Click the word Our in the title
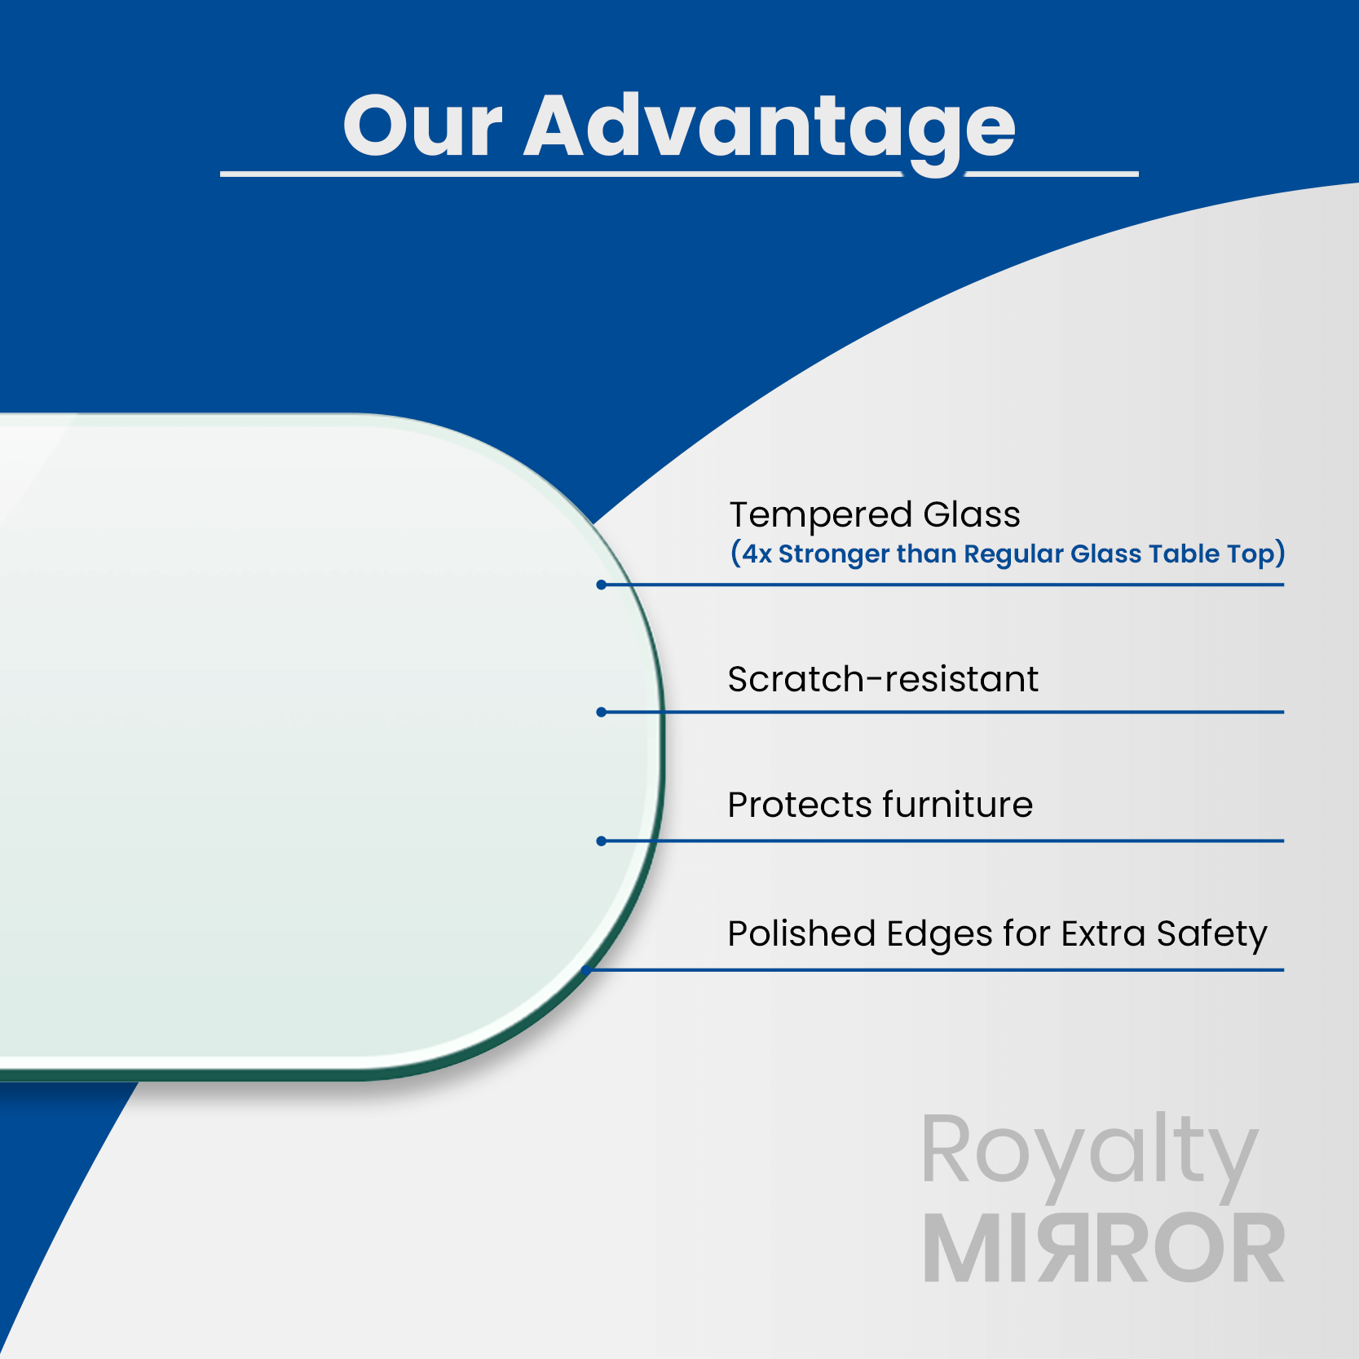422,126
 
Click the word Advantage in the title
770,130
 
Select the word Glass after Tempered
971,514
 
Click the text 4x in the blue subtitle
756,554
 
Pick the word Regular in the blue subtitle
1013,555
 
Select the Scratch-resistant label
883,679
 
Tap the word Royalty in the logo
1090,1153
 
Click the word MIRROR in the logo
1104,1248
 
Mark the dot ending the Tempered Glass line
601,585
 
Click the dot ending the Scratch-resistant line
601,713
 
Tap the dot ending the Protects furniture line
601,841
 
